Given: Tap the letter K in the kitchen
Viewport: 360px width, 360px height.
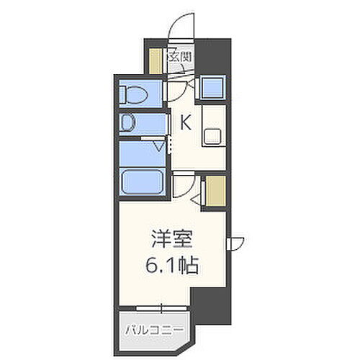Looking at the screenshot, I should (x=185, y=123).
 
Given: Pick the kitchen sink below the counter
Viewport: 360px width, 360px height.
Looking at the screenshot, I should (x=213, y=135).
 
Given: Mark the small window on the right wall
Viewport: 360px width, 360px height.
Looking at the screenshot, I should (x=235, y=243).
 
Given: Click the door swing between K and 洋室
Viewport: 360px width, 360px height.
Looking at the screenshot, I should (x=185, y=189).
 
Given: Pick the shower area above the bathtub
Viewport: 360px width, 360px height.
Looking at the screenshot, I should (x=140, y=152).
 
